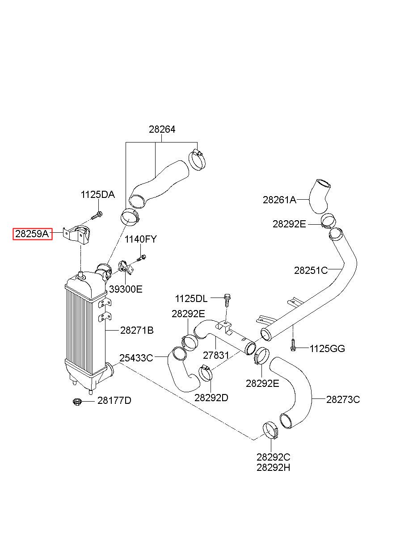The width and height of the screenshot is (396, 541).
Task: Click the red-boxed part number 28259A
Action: pyautogui.click(x=32, y=234)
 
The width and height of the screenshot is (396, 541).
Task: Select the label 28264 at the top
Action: pyautogui.click(x=162, y=130)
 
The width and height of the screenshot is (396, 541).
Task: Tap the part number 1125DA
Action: pyautogui.click(x=97, y=195)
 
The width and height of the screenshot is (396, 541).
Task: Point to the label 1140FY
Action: pyautogui.click(x=141, y=239)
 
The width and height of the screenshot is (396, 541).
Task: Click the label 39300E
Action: pyautogui.click(x=126, y=289)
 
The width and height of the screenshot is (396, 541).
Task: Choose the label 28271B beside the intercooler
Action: pyautogui.click(x=137, y=331)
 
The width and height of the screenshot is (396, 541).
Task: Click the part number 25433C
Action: pyautogui.click(x=136, y=358)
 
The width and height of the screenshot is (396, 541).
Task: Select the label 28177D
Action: pyautogui.click(x=114, y=401)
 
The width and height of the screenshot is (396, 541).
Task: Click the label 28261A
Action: pyautogui.click(x=279, y=200)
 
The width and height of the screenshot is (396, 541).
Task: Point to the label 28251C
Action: pyautogui.click(x=311, y=271)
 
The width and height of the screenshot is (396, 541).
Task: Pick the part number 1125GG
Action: pyautogui.click(x=327, y=349)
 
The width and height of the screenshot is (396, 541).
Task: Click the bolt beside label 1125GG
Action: pyautogui.click(x=293, y=345)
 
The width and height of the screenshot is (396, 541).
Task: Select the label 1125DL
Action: pyautogui.click(x=191, y=299)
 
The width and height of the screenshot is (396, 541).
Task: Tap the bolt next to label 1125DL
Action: pyautogui.click(x=227, y=300)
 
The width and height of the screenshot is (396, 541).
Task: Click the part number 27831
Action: pyautogui.click(x=216, y=355)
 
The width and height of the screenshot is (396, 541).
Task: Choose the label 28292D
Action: pyautogui.click(x=211, y=398)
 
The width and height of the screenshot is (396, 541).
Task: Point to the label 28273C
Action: pyautogui.click(x=343, y=400)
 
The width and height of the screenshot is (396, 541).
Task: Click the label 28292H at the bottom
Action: pyautogui.click(x=273, y=468)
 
